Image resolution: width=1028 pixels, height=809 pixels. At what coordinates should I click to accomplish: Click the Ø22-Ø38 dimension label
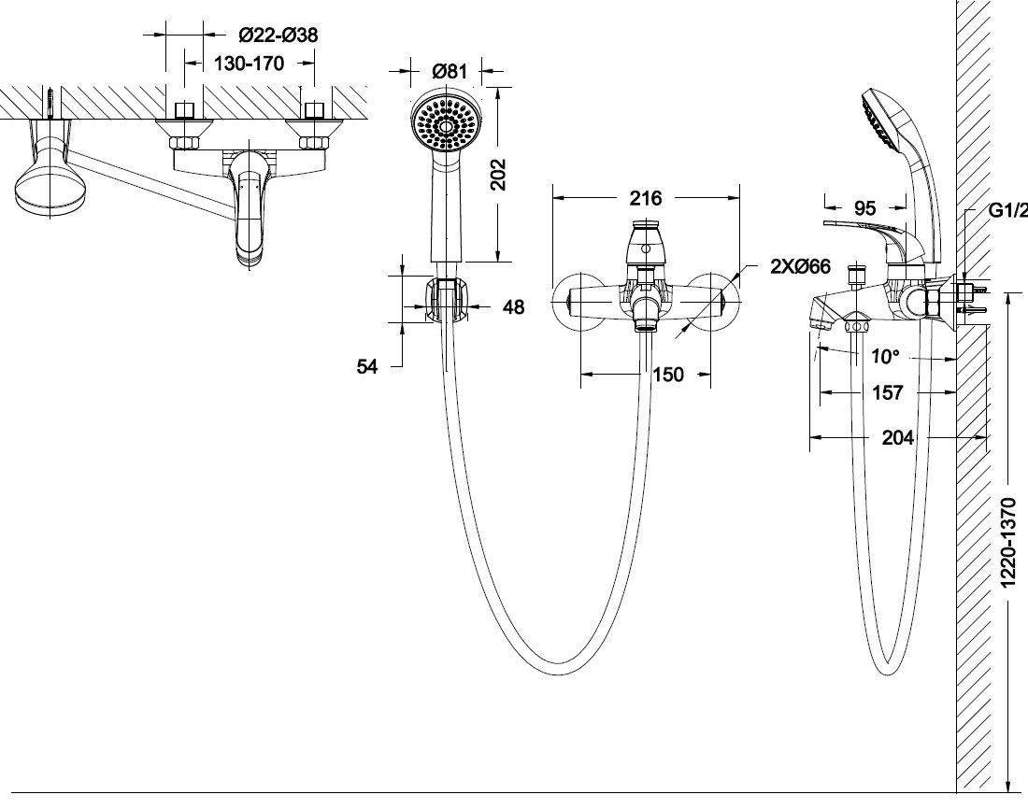[x=278, y=34]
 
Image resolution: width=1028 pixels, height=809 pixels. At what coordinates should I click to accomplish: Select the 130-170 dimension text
[x=250, y=64]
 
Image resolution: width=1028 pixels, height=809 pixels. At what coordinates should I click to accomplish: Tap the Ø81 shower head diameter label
[x=450, y=70]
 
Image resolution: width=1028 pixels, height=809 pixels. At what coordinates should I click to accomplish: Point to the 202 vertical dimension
[x=499, y=175]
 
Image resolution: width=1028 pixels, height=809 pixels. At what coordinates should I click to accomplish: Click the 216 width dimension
[x=646, y=198]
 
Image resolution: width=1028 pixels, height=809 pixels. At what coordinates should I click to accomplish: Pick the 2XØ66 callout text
[x=800, y=266]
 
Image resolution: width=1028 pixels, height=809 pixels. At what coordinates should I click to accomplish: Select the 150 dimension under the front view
[x=668, y=375]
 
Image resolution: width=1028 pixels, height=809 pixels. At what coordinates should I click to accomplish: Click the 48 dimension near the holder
[x=513, y=306]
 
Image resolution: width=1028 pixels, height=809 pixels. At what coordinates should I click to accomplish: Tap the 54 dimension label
[x=367, y=366]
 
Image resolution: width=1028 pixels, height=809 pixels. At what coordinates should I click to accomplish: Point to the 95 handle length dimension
[x=864, y=207]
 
